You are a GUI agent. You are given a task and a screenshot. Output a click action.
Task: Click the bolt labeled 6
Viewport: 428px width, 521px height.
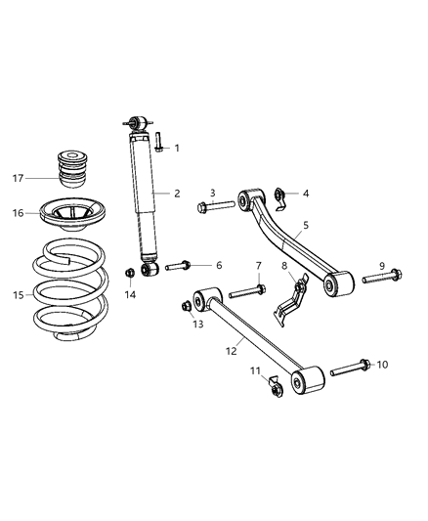[x=177, y=266]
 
